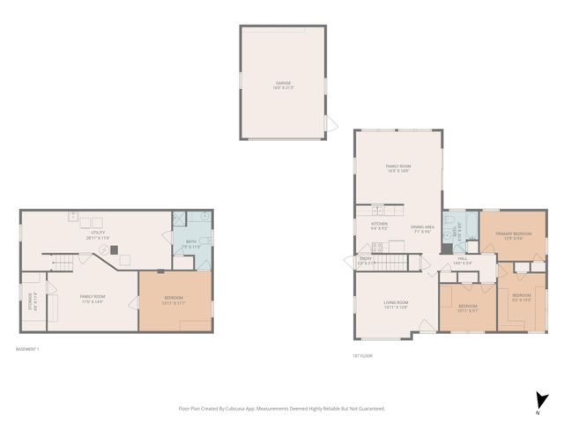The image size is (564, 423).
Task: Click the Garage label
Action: point(282,85)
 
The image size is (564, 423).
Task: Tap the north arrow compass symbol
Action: point(538,401)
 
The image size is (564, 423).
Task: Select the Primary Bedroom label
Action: point(513,236)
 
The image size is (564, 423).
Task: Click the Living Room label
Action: point(395,305)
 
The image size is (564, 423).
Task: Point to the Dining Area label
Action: point(423,229)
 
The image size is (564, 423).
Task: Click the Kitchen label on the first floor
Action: point(379,226)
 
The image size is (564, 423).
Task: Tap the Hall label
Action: point(463,260)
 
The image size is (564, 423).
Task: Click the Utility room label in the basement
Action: point(97,236)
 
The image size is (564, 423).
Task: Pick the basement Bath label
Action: point(185,244)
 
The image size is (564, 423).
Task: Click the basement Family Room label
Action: point(93,300)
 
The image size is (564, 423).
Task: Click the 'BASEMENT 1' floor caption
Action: point(28,349)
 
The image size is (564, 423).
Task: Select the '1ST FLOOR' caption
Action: point(363,356)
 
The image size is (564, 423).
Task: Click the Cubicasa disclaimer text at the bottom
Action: point(282,409)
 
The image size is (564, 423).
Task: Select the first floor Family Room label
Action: point(398,168)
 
